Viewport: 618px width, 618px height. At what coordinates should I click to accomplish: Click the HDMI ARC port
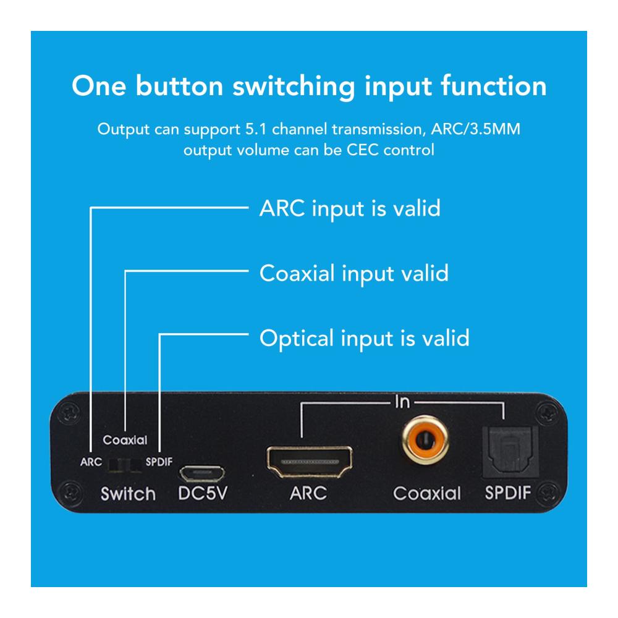point(310,462)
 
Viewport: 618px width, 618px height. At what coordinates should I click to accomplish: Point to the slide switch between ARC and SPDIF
point(125,465)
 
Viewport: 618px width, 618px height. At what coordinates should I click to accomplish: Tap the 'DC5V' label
point(203,493)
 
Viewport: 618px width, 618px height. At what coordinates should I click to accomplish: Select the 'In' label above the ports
point(402,402)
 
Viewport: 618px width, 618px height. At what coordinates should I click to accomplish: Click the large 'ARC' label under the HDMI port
point(308,493)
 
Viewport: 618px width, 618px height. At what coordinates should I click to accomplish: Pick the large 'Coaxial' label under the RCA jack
point(427,493)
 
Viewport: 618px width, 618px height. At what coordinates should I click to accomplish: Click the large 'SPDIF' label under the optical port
point(507,493)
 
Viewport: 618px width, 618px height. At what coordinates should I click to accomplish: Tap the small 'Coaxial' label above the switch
point(125,440)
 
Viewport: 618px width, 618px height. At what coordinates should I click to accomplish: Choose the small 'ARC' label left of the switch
point(91,462)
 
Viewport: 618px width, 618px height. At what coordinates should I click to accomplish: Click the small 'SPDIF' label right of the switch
point(159,462)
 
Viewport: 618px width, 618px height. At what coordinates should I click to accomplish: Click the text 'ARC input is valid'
point(350,209)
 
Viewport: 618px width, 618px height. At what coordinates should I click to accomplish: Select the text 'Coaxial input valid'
point(354,274)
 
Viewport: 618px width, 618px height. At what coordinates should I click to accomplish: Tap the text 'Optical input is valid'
point(365,339)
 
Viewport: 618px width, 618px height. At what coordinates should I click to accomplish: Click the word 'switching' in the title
point(294,87)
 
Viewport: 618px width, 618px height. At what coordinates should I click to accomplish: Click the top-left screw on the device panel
point(70,413)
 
